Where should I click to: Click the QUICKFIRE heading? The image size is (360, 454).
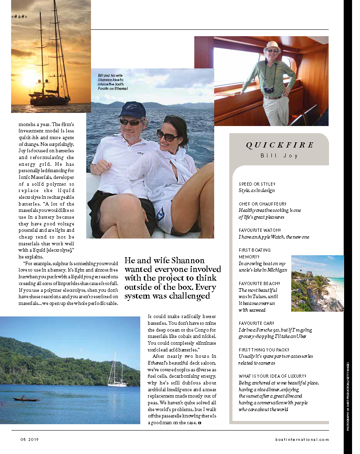(280, 146)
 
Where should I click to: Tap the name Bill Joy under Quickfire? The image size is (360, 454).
(280, 156)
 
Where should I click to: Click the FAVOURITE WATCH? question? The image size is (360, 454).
(260, 230)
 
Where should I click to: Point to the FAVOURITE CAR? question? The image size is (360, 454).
(257, 323)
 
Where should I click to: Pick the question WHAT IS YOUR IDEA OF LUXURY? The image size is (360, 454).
(272, 376)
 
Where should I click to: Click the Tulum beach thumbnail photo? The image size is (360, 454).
(317, 283)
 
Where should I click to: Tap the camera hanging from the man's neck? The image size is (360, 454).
(269, 90)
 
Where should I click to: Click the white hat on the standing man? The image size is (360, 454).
(273, 45)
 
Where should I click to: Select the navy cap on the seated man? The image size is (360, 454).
(132, 109)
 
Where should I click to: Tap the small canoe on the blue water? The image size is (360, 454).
(25, 399)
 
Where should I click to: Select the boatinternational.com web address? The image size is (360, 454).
(302, 439)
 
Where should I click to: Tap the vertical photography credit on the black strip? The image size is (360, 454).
(348, 396)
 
